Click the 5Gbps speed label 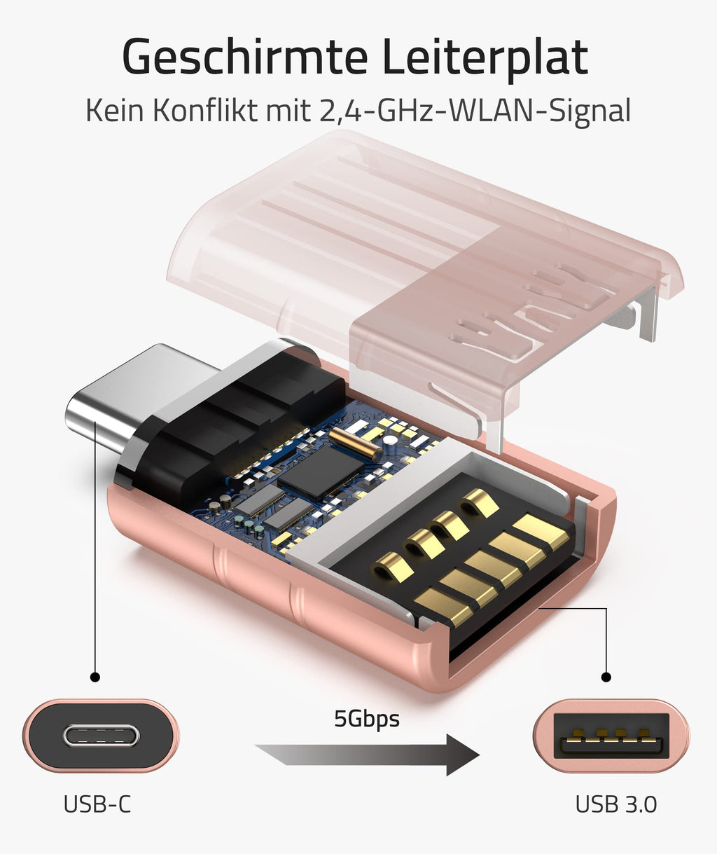click(367, 719)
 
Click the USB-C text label click(97, 804)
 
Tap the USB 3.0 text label click(615, 804)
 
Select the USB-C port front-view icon click(101, 736)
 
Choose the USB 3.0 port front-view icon click(611, 736)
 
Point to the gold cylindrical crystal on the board click(355, 444)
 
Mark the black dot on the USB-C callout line click(95, 677)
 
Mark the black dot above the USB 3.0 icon click(606, 677)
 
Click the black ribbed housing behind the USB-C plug click(231, 413)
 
